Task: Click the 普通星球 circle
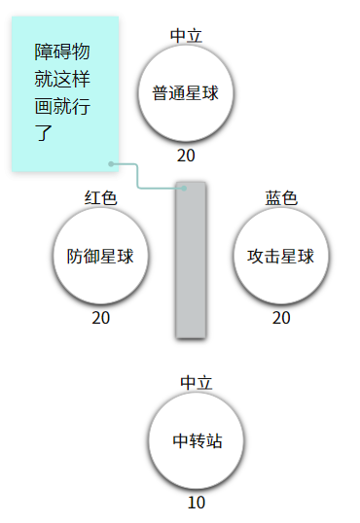click(x=186, y=92)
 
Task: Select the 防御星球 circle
click(x=100, y=256)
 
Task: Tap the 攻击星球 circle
click(x=281, y=256)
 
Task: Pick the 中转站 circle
click(x=197, y=440)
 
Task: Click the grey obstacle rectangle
click(x=191, y=260)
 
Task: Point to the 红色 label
click(x=100, y=197)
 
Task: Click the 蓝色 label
click(x=281, y=197)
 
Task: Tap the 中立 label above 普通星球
click(x=186, y=35)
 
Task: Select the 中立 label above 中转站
click(x=197, y=383)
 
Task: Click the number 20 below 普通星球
click(x=186, y=156)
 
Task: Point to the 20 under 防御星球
click(x=100, y=318)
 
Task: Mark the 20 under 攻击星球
click(x=281, y=318)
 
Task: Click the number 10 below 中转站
click(x=197, y=503)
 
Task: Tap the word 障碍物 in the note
click(x=62, y=52)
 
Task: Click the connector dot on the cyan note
click(x=111, y=163)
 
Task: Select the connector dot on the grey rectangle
click(x=184, y=189)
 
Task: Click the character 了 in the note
click(x=44, y=133)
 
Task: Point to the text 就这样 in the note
click(x=62, y=79)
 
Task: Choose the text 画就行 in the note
click(x=62, y=106)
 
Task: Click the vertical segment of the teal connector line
click(x=137, y=176)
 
